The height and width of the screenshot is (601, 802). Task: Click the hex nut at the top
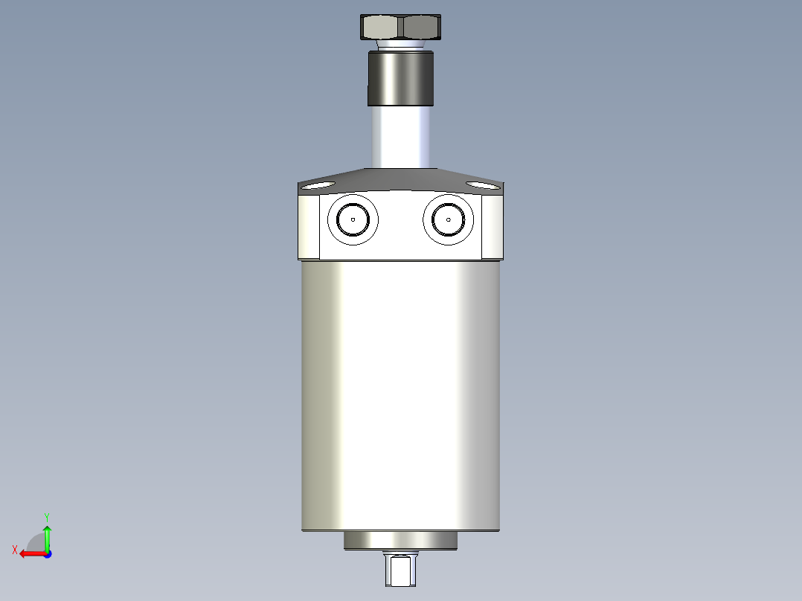click(400, 28)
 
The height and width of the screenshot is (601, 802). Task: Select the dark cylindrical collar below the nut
click(400, 78)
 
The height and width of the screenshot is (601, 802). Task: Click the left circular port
click(353, 219)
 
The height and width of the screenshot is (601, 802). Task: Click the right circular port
click(449, 219)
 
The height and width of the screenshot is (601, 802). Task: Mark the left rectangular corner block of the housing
click(309, 227)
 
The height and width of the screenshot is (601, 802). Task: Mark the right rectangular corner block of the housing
click(492, 227)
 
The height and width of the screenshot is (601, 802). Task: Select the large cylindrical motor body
click(400, 394)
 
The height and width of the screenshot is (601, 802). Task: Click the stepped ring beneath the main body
click(400, 541)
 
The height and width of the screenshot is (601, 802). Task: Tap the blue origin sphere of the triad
click(47, 553)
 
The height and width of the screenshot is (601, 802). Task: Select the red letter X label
click(14, 550)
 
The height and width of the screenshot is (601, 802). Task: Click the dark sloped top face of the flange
click(400, 179)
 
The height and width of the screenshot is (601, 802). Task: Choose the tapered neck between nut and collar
click(400, 45)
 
